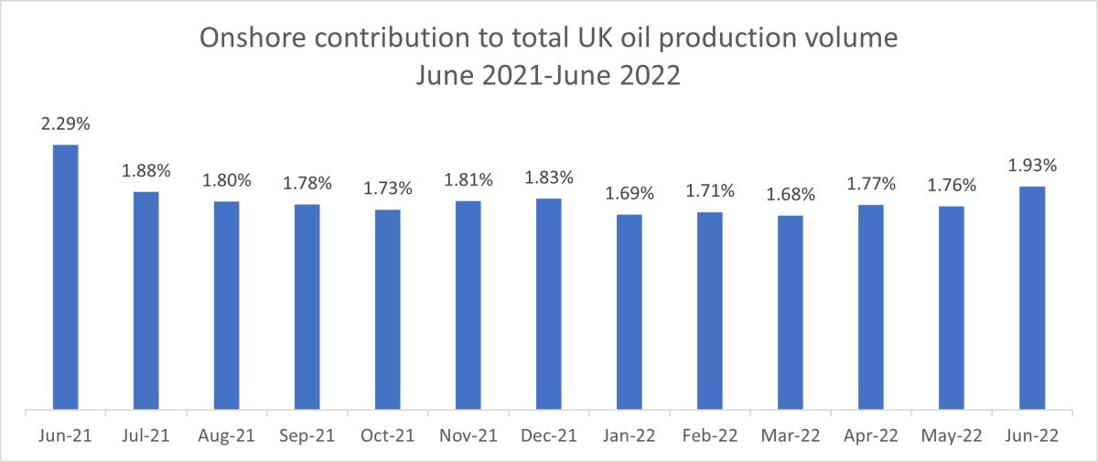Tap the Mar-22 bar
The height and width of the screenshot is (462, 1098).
pyautogui.click(x=790, y=312)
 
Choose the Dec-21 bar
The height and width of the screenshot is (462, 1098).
pyautogui.click(x=548, y=304)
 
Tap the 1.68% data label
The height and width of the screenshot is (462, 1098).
pyautogui.click(x=790, y=195)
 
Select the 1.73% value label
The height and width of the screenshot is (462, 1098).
pyautogui.click(x=387, y=189)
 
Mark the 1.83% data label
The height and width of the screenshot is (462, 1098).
pyautogui.click(x=548, y=177)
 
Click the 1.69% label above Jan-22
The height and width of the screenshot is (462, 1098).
pyautogui.click(x=629, y=194)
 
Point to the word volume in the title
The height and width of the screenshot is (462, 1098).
pyautogui.click(x=846, y=39)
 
